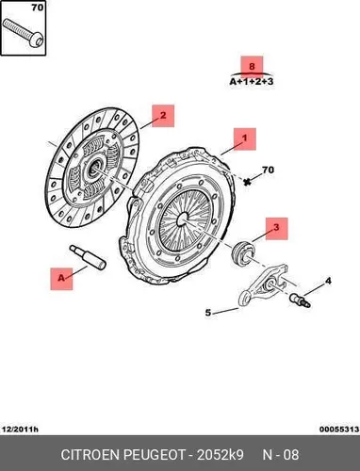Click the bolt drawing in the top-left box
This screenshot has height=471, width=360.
pos(23,33)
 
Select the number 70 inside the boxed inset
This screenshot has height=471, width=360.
pos(38,8)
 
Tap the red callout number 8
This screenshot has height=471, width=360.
pos(252,67)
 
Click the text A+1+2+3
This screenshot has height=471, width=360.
pos(252,82)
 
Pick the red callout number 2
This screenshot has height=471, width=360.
pos(163,115)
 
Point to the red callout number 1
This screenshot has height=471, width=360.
pos(245,138)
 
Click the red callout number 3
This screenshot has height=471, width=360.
pos(276,227)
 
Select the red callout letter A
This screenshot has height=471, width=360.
pos(61,278)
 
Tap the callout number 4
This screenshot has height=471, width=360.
pos(328,281)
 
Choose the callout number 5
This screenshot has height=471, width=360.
pos(208,313)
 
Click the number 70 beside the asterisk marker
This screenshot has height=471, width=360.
pos(268,170)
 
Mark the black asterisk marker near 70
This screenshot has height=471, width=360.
pos(248,181)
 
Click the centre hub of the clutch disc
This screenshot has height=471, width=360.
pos(94,168)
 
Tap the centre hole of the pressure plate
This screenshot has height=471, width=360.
pos(182,219)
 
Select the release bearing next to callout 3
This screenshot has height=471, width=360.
pos(243,252)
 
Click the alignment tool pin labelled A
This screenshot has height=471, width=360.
pos(88,257)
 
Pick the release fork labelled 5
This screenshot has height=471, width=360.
pos(263,285)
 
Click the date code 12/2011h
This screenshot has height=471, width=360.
pos(20,429)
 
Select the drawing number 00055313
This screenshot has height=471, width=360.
pos(339,429)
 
